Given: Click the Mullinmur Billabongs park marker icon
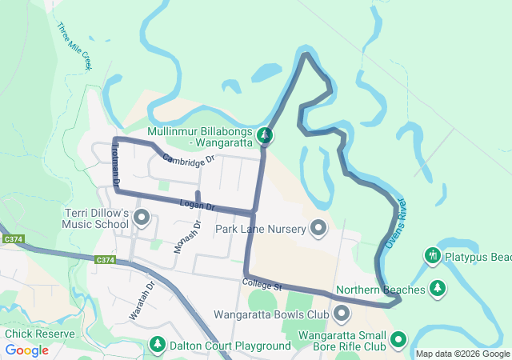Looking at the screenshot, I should click(x=266, y=136).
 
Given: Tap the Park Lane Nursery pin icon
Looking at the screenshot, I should click(x=318, y=229).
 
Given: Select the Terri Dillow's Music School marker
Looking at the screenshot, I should click(x=142, y=217).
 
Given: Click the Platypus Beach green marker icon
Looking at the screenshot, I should click(x=433, y=255).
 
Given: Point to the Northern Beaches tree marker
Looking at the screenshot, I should click(x=437, y=288).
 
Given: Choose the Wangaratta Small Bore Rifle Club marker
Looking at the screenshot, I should click(x=398, y=341).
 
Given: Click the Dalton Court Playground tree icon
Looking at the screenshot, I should click(x=158, y=345).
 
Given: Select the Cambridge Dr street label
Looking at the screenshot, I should click(x=190, y=158).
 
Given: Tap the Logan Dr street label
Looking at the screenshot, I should click(x=198, y=206).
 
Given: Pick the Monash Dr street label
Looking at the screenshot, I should click(x=185, y=236).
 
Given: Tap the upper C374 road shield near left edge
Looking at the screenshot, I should click(x=12, y=238).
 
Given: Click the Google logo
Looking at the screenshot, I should click(x=26, y=350).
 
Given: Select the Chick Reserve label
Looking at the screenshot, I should click(x=40, y=334).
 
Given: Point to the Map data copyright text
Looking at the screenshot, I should click(x=462, y=354).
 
